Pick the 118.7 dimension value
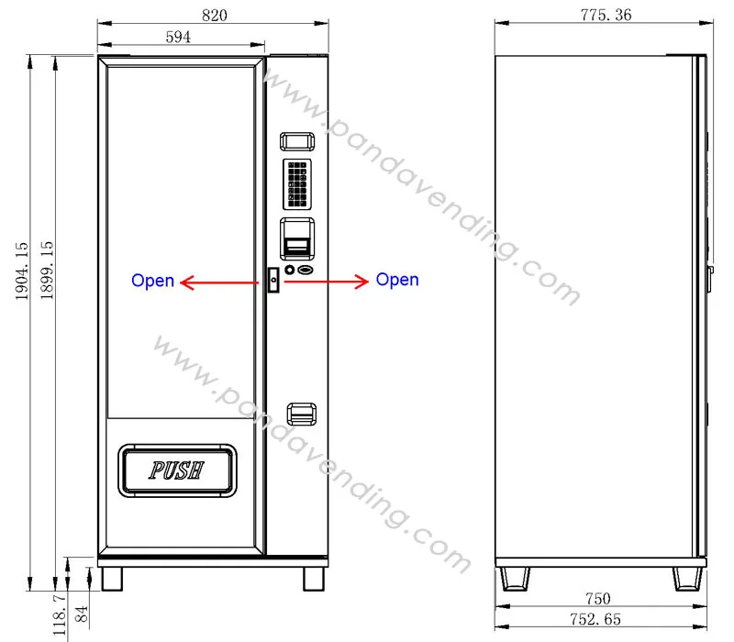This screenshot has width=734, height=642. point(61,612)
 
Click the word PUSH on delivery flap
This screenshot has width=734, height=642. point(177,470)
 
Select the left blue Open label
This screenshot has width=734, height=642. point(152,281)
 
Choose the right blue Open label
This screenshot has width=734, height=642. point(397,280)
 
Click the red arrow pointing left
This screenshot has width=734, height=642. point(217,283)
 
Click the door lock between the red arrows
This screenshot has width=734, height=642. point(272,281)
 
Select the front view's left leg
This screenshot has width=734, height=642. point(110,578)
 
